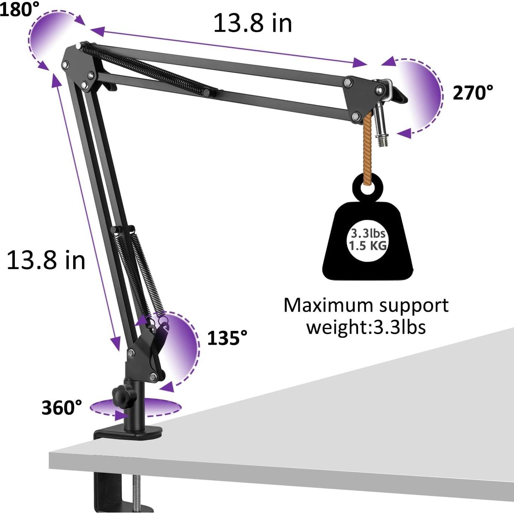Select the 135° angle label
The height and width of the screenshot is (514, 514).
(227, 338)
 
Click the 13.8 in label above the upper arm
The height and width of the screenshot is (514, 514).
(253, 23)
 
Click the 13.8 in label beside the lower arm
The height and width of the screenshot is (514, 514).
(46, 260)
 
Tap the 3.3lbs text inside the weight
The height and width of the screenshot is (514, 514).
(368, 233)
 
